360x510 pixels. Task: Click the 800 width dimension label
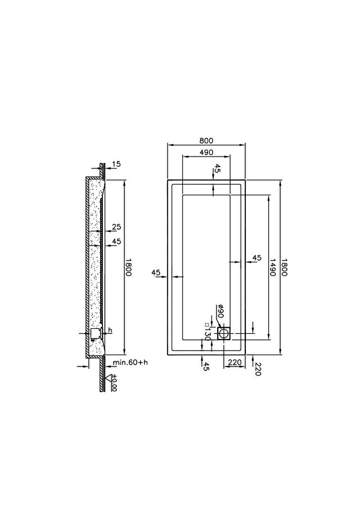206,141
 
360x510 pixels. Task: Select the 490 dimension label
206,152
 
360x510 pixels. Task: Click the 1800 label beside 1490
284,267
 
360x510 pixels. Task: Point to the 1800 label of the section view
128,267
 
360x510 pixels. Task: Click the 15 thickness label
116,164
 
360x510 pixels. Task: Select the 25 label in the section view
116,227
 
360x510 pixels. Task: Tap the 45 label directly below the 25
116,241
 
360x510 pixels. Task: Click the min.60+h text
130,362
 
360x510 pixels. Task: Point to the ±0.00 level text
114,383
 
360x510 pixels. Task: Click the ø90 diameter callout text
220,311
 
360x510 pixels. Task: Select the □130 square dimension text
208,332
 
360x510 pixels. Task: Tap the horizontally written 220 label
235,362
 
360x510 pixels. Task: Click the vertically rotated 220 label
258,369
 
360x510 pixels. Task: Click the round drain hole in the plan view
223,333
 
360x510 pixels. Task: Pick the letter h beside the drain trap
110,330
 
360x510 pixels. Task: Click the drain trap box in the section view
96,333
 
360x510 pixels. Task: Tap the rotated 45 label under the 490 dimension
217,169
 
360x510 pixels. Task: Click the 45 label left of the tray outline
156,272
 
